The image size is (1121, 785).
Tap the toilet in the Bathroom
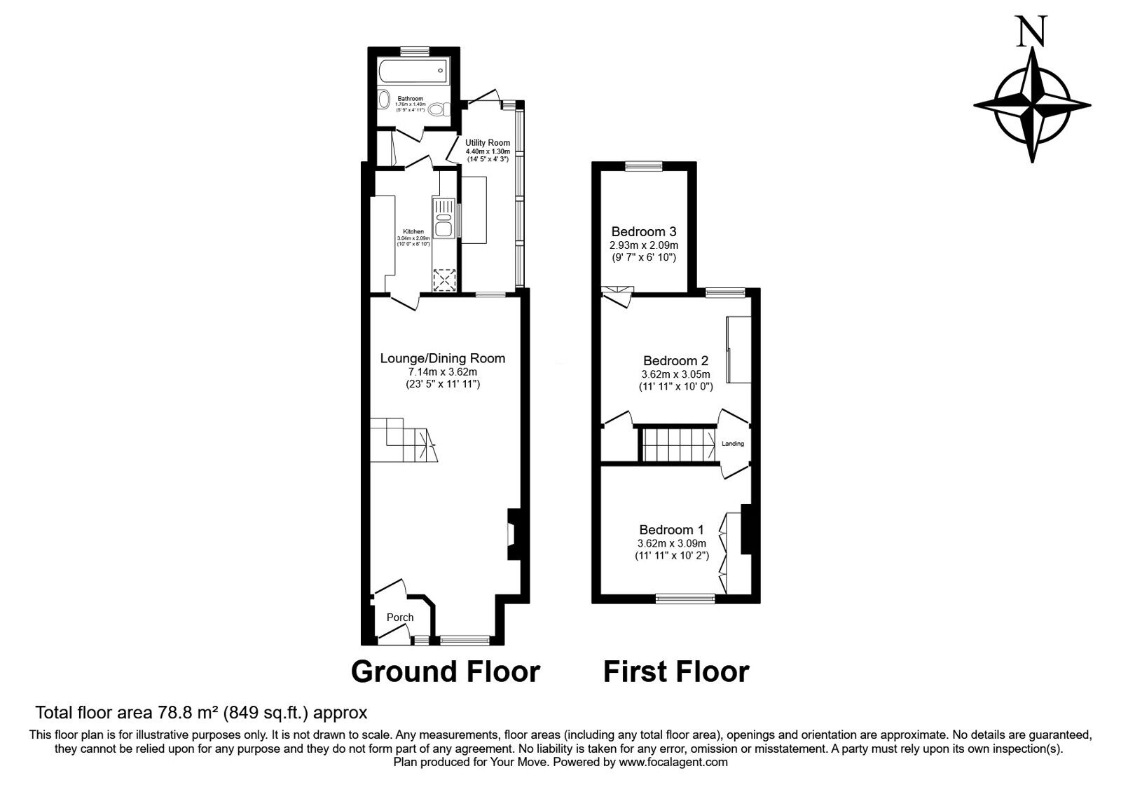[439, 109]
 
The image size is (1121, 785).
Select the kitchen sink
[444, 217]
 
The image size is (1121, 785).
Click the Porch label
[400, 617]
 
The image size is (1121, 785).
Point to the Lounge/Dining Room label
[442, 358]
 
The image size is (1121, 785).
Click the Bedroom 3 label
[644, 231]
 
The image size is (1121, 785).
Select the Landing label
[733, 444]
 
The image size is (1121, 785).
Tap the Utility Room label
[488, 143]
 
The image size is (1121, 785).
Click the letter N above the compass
[1032, 32]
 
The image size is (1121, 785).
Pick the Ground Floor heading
[445, 671]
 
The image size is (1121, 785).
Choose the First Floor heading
[676, 671]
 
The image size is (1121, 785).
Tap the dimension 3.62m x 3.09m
[671, 543]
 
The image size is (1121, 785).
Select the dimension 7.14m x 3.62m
[442, 371]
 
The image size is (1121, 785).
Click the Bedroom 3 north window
[644, 167]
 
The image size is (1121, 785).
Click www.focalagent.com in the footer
[673, 762]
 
